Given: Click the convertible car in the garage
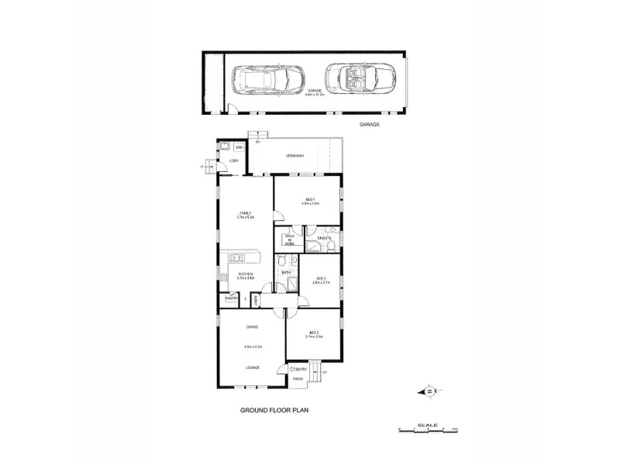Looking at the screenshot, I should pyautogui.click(x=353, y=80).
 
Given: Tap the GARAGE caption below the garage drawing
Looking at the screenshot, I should pyautogui.click(x=369, y=124).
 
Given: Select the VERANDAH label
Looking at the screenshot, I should pyautogui.click(x=294, y=156).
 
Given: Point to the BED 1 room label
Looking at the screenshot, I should pyautogui.click(x=309, y=201).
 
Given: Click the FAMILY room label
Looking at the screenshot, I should pyautogui.click(x=245, y=213).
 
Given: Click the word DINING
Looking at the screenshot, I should pyautogui.click(x=253, y=328).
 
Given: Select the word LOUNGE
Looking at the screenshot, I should pyautogui.click(x=253, y=367).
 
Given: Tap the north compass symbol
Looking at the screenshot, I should pyautogui.click(x=429, y=391).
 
